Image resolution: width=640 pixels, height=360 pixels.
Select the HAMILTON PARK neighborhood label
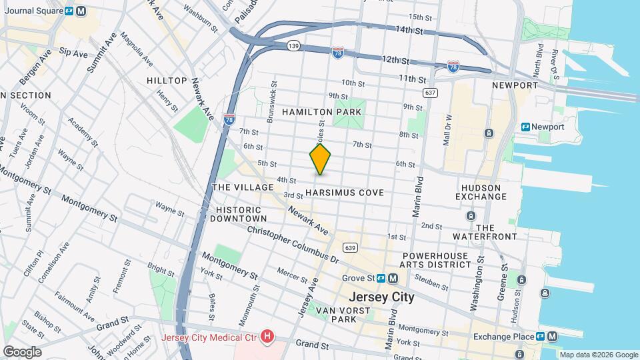click(x=323, y=112)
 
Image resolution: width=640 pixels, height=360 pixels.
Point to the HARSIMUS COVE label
click(x=345, y=193)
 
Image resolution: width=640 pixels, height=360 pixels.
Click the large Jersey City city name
click(x=381, y=297)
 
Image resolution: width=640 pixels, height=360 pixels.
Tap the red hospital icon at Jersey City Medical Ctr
click(x=267, y=337)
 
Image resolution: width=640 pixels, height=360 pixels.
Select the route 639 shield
click(x=351, y=248)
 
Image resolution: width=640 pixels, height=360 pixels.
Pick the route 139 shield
click(x=293, y=45)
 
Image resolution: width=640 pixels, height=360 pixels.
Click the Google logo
click(x=22, y=352)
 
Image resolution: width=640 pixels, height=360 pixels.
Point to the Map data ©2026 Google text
click(x=598, y=355)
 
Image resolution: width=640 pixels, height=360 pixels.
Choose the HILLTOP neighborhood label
click(x=167, y=81)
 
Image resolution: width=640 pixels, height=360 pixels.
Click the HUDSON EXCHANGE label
click(x=490, y=191)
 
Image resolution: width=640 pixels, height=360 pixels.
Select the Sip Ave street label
click(x=73, y=51)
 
